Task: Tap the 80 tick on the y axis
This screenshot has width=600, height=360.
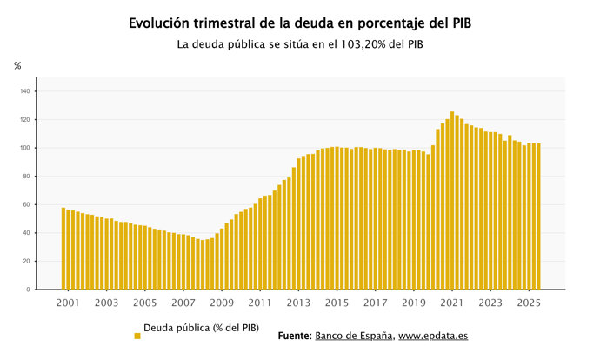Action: pyautogui.click(x=26, y=177)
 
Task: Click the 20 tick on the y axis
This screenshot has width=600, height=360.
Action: pyautogui.click(x=26, y=262)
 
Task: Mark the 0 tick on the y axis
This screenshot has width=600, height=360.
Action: pyautogui.click(x=28, y=290)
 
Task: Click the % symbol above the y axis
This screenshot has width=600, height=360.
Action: pyautogui.click(x=17, y=66)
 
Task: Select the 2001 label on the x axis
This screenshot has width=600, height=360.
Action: pyautogui.click(x=68, y=303)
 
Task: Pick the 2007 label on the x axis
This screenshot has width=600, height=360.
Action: pyautogui.click(x=183, y=303)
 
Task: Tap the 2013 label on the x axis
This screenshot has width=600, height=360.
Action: pyautogui.click(x=298, y=303)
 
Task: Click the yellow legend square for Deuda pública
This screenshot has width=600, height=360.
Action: pyautogui.click(x=137, y=336)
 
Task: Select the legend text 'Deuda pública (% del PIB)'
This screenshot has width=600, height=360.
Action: pyautogui.click(x=201, y=328)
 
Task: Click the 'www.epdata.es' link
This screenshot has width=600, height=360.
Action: pyautogui.click(x=435, y=336)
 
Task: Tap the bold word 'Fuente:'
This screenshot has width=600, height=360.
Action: pyautogui.click(x=295, y=336)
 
